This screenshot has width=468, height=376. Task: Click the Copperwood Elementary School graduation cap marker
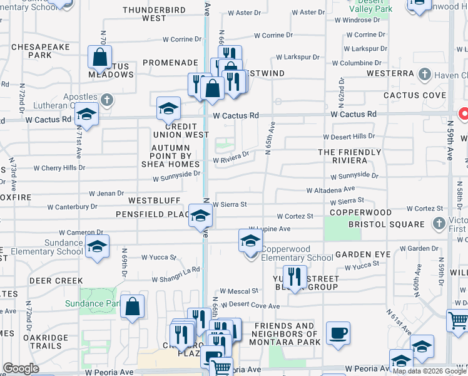(x=250, y=240)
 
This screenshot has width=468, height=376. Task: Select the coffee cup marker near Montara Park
(x=338, y=332)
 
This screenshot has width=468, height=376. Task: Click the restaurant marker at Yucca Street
(x=294, y=276)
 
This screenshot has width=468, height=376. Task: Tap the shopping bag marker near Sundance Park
(x=133, y=306)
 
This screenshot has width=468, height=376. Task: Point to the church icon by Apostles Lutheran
(x=107, y=99)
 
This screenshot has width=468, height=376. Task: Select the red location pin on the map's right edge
(x=464, y=115)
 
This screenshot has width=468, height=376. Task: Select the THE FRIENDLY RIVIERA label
(x=349, y=157)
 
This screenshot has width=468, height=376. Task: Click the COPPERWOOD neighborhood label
(x=362, y=213)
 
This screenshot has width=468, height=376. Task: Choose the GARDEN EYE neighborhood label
(x=363, y=254)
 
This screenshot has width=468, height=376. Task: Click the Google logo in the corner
(x=21, y=369)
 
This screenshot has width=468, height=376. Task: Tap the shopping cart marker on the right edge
(x=458, y=320)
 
